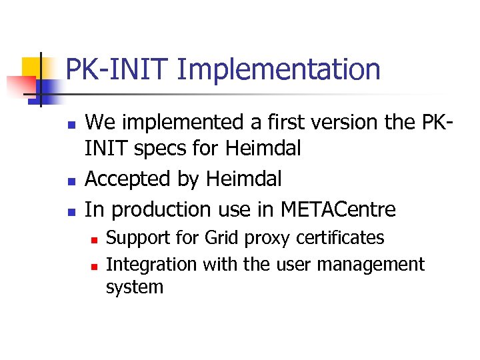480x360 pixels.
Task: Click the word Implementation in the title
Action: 281,69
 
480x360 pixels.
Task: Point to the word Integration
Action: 151,265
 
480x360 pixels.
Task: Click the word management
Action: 371,265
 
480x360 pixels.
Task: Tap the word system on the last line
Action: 134,288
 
